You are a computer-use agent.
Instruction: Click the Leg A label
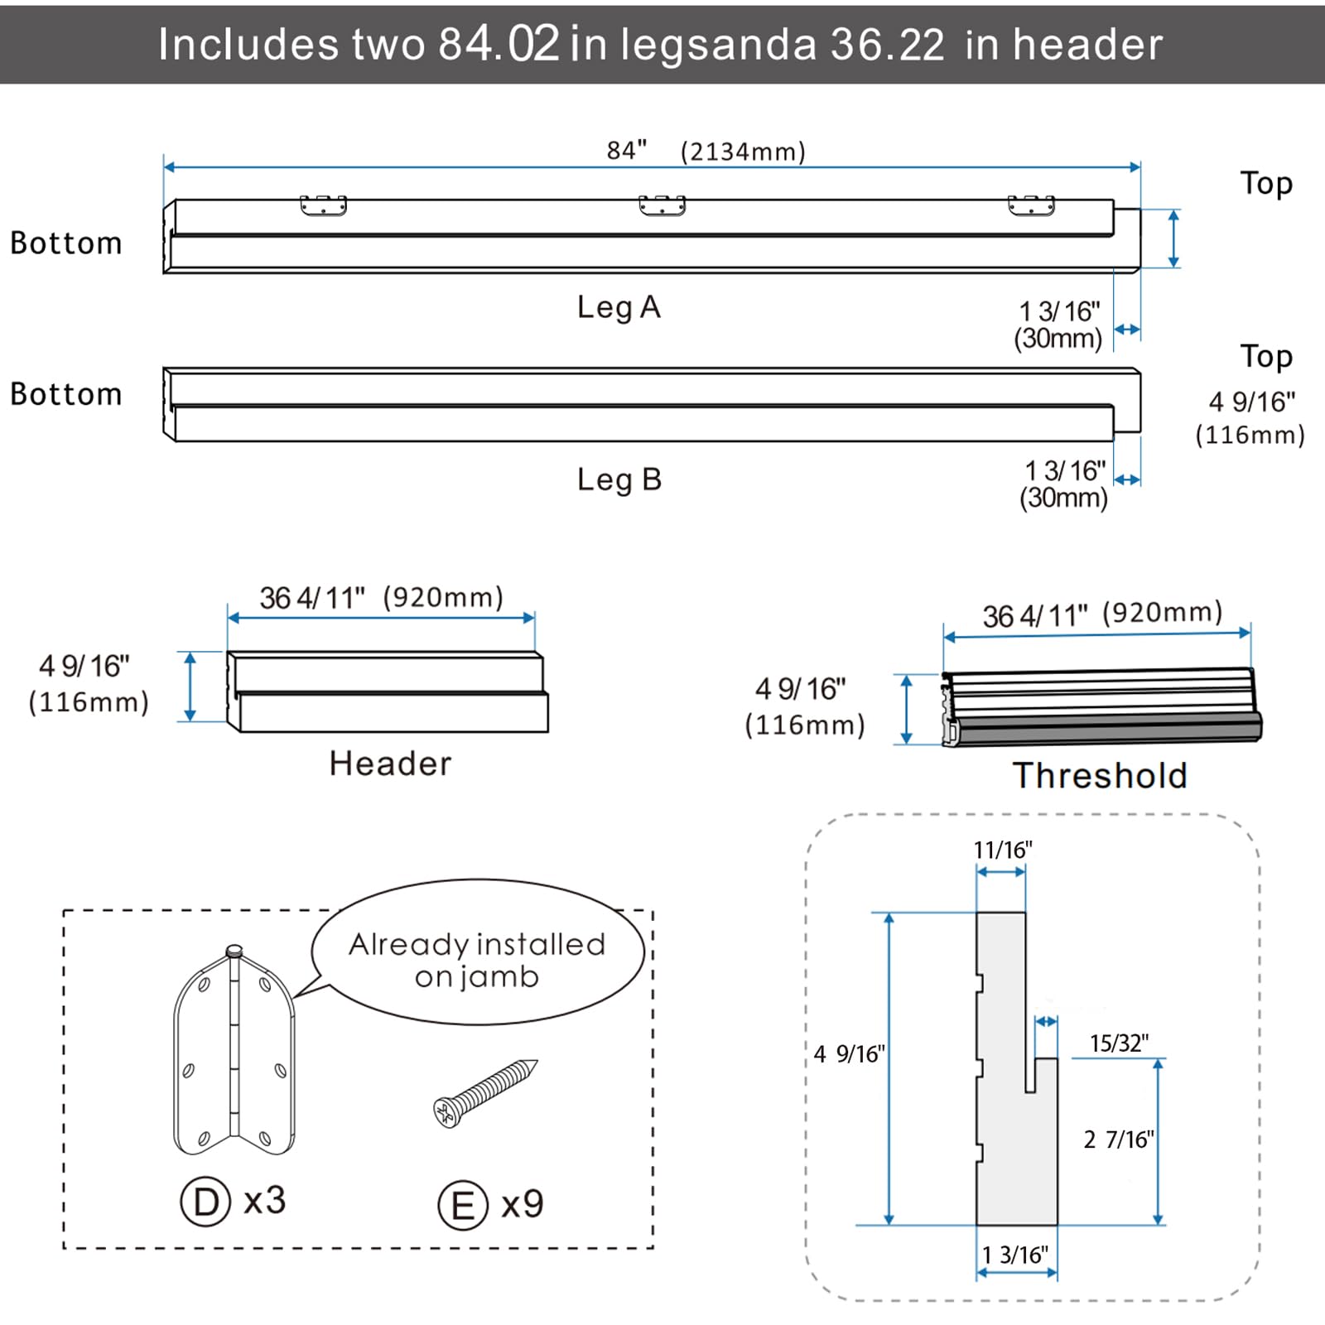click(x=619, y=307)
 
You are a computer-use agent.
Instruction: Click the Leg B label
click(x=619, y=479)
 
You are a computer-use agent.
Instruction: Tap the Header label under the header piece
click(x=390, y=764)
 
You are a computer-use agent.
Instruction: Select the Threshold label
click(x=1100, y=776)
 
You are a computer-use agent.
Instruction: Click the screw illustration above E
click(x=485, y=1092)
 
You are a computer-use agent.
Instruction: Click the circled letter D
click(x=205, y=1202)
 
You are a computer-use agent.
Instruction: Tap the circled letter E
click(x=463, y=1205)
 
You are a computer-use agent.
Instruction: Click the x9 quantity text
click(x=523, y=1204)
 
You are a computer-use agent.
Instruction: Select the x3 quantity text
click(x=265, y=1201)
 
